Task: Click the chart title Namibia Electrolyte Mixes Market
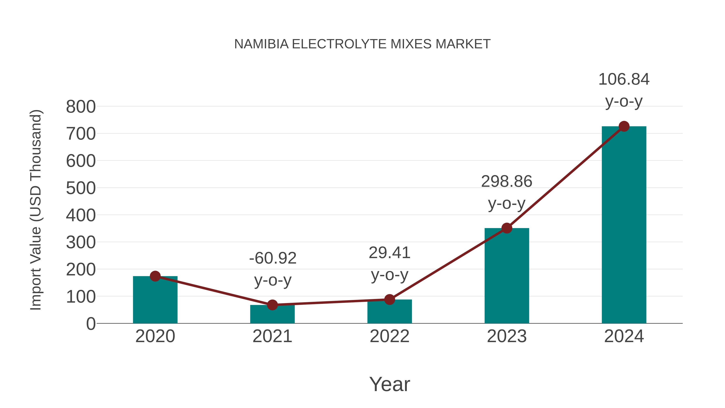362,44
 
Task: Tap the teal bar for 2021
272,315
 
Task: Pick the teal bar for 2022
389,312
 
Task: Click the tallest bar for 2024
624,225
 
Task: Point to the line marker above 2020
155,276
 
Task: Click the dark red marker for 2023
507,228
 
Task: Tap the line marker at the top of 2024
624,126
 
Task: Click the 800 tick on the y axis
81,107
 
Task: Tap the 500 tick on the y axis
81,188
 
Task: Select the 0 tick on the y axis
91,324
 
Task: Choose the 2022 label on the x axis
389,336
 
